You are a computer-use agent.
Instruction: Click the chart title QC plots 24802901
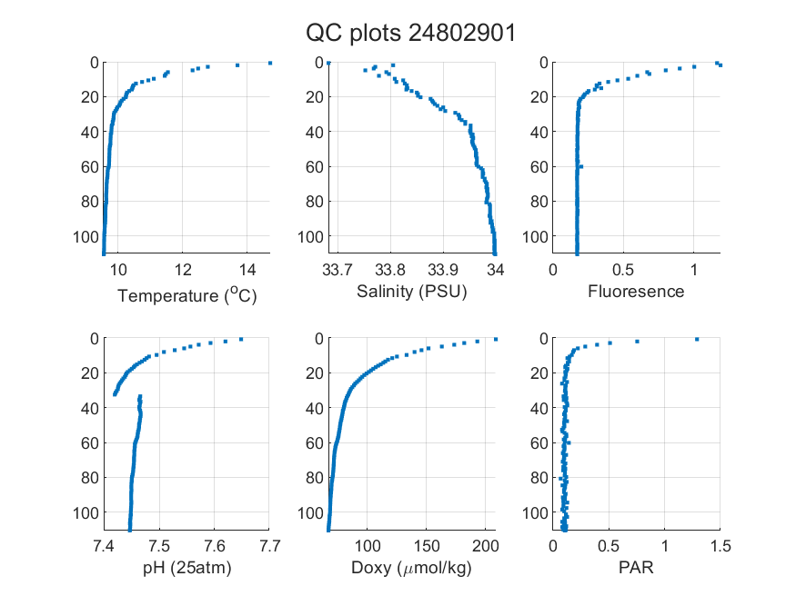click(x=410, y=34)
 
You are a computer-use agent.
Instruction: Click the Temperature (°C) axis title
click(x=187, y=295)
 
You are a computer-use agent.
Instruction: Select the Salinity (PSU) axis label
click(x=412, y=292)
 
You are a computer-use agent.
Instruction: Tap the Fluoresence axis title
click(x=636, y=291)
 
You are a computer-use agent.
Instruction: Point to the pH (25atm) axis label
click(x=186, y=568)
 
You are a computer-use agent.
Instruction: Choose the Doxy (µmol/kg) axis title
click(x=411, y=568)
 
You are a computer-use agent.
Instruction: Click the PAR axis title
click(x=636, y=567)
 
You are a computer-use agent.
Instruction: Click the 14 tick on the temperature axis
click(x=247, y=270)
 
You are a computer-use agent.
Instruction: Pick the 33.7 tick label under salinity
click(x=338, y=270)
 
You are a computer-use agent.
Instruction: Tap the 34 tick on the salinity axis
click(x=495, y=270)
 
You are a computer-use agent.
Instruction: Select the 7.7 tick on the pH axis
click(x=269, y=546)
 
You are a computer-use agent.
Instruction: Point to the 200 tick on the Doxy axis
click(x=485, y=546)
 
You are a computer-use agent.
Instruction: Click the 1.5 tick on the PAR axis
click(x=720, y=546)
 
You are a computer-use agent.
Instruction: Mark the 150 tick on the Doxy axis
click(x=426, y=546)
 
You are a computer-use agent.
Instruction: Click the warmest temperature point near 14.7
click(x=270, y=63)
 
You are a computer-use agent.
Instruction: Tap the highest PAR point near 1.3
click(x=697, y=339)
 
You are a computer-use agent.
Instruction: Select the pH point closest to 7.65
click(x=241, y=339)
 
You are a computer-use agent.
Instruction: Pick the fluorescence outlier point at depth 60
click(x=581, y=166)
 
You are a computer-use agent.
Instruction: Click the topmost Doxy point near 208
click(x=496, y=339)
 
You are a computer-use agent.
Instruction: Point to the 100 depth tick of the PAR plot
click(x=536, y=513)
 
